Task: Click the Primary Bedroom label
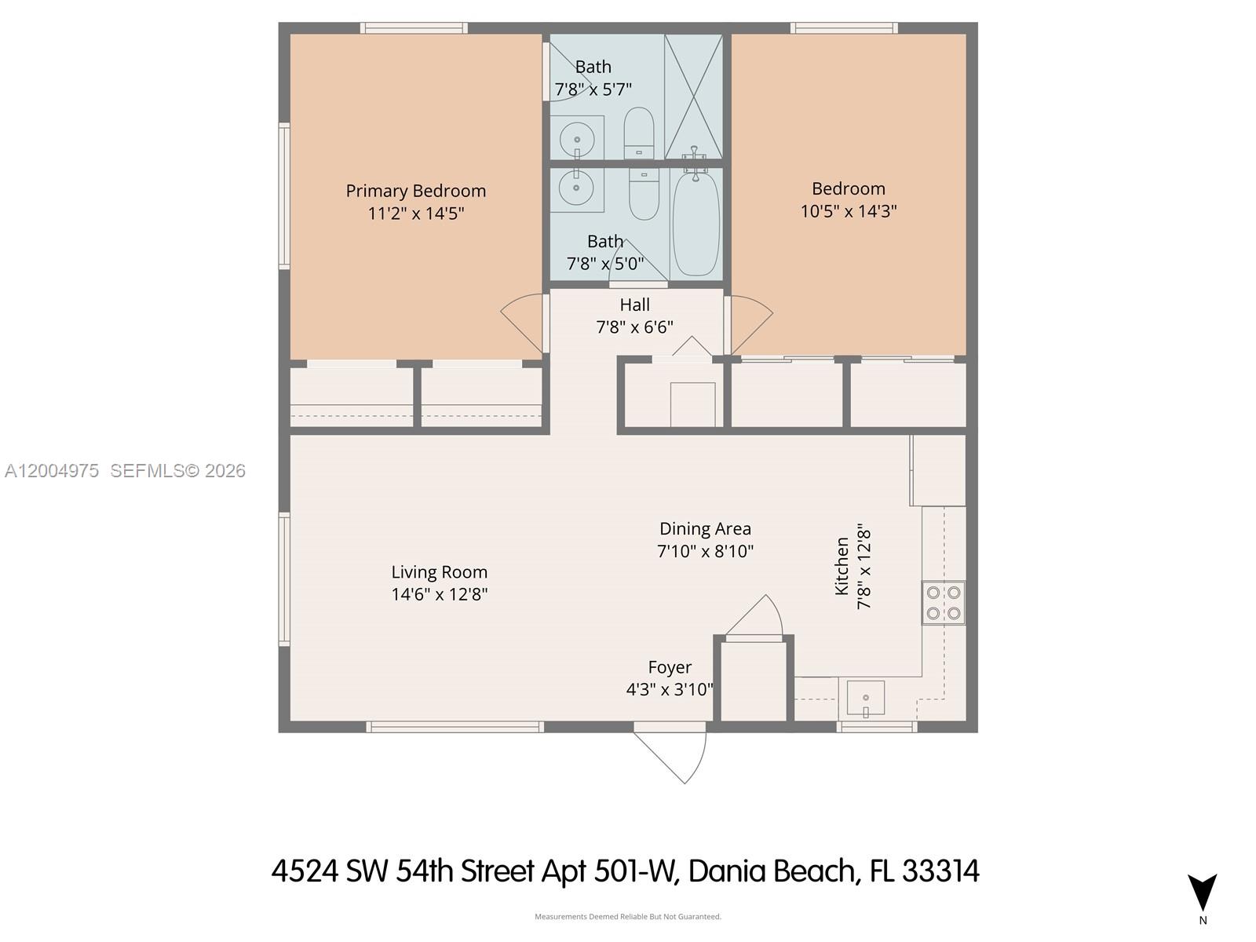(415, 191)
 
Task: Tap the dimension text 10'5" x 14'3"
(848, 212)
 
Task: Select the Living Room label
(439, 572)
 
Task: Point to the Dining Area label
(705, 528)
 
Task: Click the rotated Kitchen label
(842, 566)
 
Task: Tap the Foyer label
(670, 667)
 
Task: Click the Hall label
(634, 305)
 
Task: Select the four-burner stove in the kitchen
(943, 603)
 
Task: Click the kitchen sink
(865, 699)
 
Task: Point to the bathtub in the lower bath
(696, 225)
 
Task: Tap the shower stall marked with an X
(693, 97)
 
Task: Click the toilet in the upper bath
(638, 133)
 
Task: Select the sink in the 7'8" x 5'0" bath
(576, 186)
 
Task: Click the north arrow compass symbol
(1202, 892)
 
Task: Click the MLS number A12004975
(52, 471)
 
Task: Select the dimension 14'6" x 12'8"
(439, 595)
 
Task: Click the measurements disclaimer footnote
(628, 917)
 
